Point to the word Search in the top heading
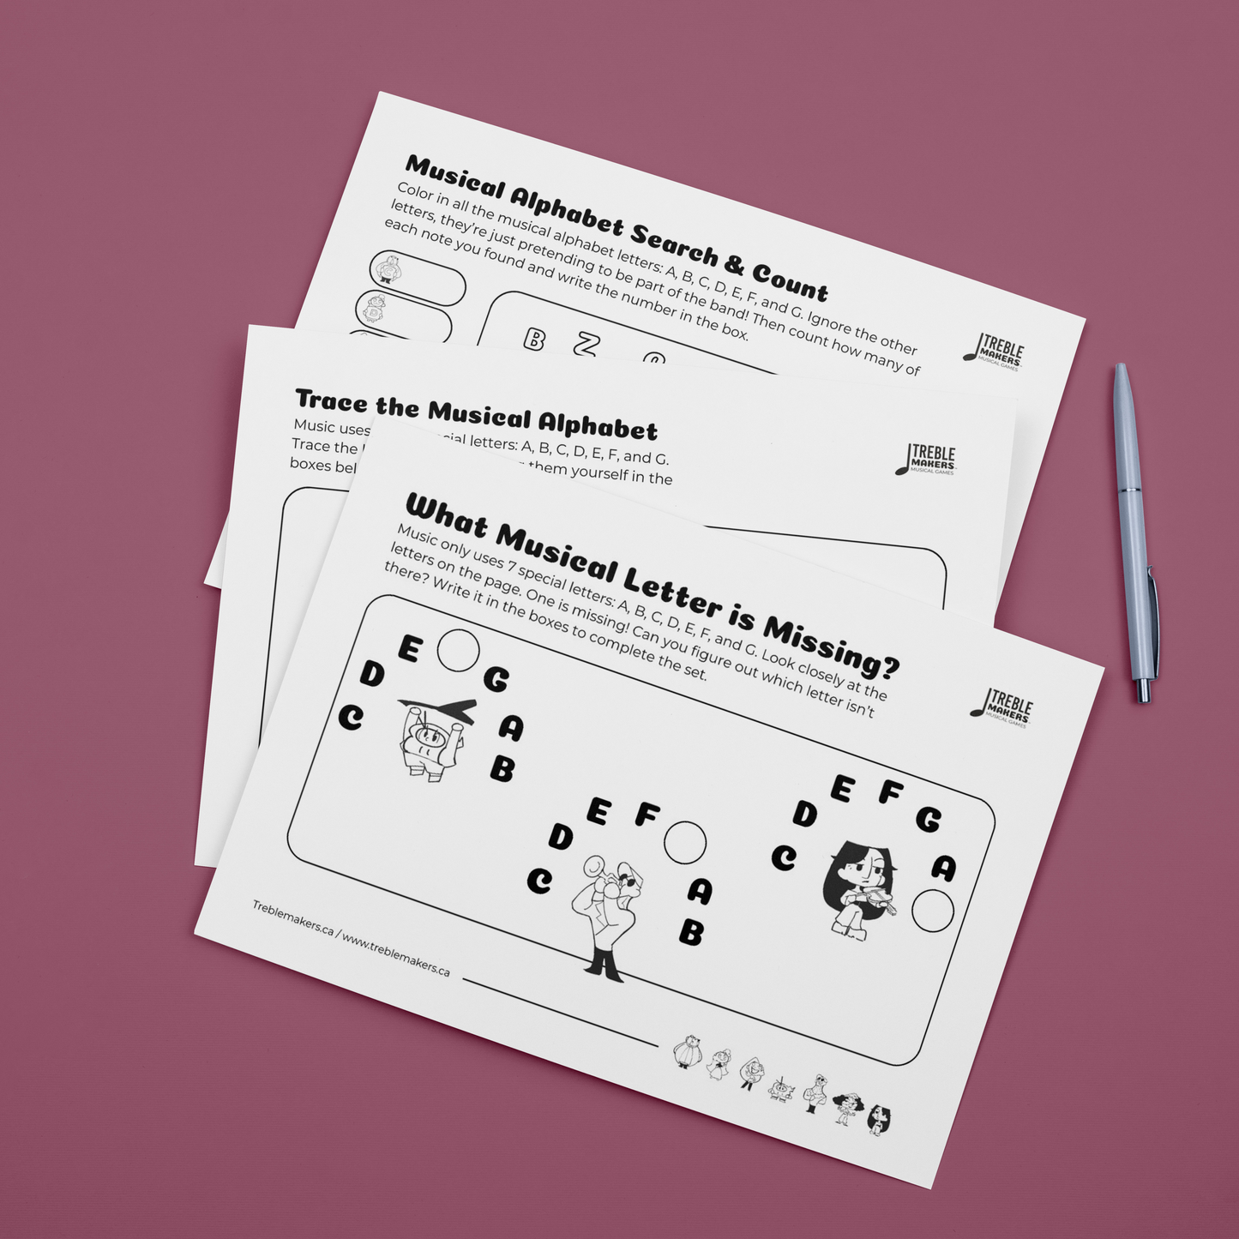[x=686, y=244]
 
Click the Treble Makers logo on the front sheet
[x=1003, y=708]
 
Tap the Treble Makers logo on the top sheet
[x=995, y=351]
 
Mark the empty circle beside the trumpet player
[x=685, y=842]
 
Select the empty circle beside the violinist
[x=933, y=910]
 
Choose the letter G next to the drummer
[x=496, y=679]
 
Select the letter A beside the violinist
[x=943, y=869]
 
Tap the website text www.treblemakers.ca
[x=395, y=953]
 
